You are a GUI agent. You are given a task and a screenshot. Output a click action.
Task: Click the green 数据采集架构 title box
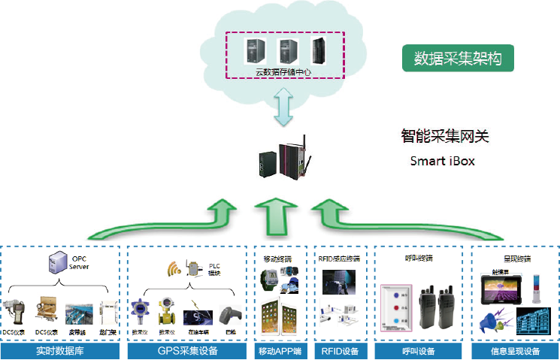tap(458, 57)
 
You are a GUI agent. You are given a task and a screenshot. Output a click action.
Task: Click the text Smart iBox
tap(443, 162)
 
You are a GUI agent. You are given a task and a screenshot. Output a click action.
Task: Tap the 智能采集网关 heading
tap(444, 138)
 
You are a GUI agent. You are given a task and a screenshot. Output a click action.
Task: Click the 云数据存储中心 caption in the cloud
tap(284, 71)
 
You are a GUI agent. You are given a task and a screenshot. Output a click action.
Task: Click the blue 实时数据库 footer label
tap(60, 350)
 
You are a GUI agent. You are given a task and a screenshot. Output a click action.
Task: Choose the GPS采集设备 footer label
tap(187, 350)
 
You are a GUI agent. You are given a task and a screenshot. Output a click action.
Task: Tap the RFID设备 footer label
tap(340, 350)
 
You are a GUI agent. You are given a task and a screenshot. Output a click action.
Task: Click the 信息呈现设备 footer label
tap(516, 350)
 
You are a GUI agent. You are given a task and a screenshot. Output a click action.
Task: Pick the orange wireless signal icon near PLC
tap(173, 268)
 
